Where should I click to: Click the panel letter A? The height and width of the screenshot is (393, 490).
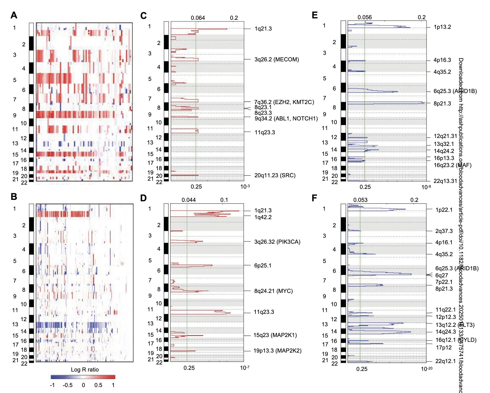(x=14, y=15)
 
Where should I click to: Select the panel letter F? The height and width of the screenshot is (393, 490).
(x=314, y=198)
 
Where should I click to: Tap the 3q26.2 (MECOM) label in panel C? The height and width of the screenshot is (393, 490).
(x=276, y=59)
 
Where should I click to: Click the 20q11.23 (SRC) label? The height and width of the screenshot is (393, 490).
(x=275, y=175)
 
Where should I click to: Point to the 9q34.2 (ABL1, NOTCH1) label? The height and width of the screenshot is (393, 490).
(x=286, y=118)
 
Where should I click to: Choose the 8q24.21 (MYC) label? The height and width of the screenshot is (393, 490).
(x=273, y=291)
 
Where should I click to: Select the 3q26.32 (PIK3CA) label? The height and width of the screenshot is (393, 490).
(x=277, y=242)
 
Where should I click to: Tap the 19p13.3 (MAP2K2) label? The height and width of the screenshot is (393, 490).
(x=277, y=351)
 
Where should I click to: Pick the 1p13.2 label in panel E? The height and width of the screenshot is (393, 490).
(x=442, y=27)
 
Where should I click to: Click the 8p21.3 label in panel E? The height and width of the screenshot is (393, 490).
(x=442, y=103)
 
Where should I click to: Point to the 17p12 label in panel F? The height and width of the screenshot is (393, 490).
(x=444, y=347)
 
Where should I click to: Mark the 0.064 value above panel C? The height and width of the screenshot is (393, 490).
(x=198, y=18)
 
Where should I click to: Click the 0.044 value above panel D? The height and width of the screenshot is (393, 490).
(x=189, y=200)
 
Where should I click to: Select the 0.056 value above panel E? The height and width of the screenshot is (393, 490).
(x=365, y=17)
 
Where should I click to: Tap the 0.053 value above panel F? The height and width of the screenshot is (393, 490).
(x=360, y=200)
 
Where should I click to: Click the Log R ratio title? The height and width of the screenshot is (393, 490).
(x=85, y=370)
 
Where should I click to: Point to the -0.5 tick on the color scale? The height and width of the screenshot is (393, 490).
(x=67, y=385)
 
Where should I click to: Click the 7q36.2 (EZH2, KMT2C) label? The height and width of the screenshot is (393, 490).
(x=284, y=102)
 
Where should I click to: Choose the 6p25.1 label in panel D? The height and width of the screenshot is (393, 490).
(x=263, y=265)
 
